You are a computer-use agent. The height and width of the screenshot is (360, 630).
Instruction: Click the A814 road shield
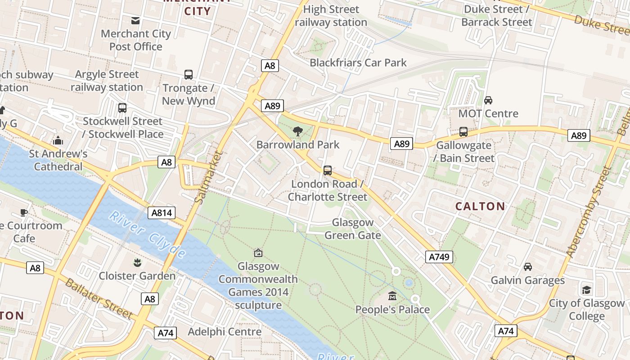pyautogui.click(x=162, y=213)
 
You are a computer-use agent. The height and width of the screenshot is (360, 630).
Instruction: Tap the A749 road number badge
pyautogui.click(x=439, y=257)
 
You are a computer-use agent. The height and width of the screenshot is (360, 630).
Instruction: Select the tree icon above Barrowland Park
pyautogui.click(x=297, y=131)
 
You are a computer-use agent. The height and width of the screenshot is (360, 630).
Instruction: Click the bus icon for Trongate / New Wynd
pyautogui.click(x=189, y=75)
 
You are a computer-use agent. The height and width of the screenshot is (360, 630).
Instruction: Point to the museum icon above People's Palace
pyautogui.click(x=392, y=296)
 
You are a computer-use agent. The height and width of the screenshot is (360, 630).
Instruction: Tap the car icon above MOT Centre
pyautogui.click(x=488, y=100)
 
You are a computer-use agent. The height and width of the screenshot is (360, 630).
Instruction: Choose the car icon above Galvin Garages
pyautogui.click(x=528, y=267)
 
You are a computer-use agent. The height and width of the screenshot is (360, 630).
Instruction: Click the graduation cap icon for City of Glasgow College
pyautogui.click(x=586, y=289)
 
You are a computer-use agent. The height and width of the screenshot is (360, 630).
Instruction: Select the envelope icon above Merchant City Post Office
pyautogui.click(x=135, y=20)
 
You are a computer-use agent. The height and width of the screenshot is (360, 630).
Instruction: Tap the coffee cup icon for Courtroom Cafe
pyautogui.click(x=24, y=212)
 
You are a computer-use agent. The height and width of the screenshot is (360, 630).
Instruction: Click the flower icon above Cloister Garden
pyautogui.click(x=137, y=262)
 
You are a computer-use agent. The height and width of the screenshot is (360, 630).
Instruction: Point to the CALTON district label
pyautogui.click(x=480, y=207)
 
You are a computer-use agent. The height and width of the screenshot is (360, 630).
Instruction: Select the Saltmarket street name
pyautogui.click(x=210, y=177)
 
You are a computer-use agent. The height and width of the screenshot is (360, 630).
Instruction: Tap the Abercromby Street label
pyautogui.click(x=589, y=211)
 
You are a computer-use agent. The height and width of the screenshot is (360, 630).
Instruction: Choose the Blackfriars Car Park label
pyautogui.click(x=358, y=63)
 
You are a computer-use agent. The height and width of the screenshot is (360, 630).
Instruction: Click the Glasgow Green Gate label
pyautogui.click(x=353, y=229)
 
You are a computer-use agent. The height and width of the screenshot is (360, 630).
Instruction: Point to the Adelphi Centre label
pyautogui.click(x=225, y=332)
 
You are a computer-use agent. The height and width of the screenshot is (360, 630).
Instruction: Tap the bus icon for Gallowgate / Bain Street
pyautogui.click(x=463, y=132)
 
